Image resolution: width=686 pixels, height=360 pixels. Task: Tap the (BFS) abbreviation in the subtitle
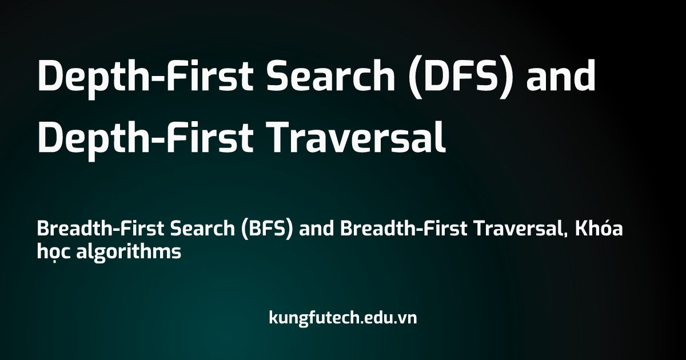tap(267, 229)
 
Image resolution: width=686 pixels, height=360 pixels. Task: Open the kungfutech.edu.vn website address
tap(342, 318)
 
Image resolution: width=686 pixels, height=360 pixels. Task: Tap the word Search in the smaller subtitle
tap(202, 229)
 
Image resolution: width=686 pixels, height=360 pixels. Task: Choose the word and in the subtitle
tap(316, 229)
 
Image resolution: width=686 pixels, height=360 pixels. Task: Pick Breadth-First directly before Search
tap(101, 229)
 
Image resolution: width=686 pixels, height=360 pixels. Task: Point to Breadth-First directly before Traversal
tap(404, 229)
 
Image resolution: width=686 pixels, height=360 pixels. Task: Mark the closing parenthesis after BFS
tap(289, 230)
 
